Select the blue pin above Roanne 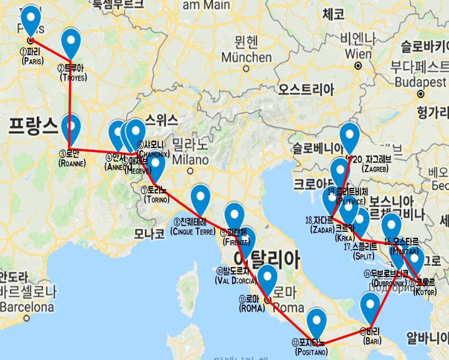coord(70,126)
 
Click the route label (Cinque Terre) coord(192,232)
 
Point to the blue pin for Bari coord(370,305)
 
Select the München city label coord(246,58)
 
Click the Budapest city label coord(420,82)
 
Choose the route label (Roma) coord(252,309)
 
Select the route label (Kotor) coord(425,292)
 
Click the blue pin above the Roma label coord(267,277)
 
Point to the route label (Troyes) coord(73,77)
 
